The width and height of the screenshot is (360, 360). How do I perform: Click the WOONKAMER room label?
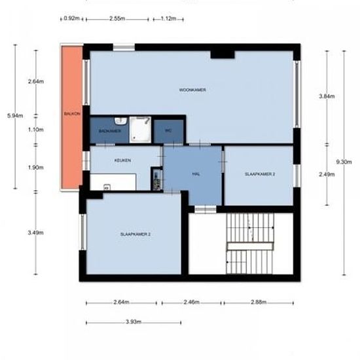click(x=192, y=90)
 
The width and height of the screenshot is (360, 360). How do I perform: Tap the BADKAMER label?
click(x=110, y=131)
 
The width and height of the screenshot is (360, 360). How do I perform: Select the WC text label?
click(x=168, y=130)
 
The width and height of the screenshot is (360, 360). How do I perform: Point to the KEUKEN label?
click(x=122, y=160)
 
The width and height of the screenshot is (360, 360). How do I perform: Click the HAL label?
click(x=196, y=174)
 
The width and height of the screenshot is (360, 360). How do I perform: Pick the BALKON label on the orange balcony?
click(x=72, y=114)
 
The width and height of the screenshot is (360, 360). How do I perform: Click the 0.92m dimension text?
click(x=71, y=18)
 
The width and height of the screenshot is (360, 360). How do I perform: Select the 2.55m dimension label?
click(x=117, y=18)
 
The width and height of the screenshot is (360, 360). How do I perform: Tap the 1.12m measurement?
click(x=168, y=18)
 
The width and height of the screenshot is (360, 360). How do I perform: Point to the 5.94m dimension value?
click(x=15, y=115)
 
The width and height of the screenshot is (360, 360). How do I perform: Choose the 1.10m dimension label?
click(x=36, y=130)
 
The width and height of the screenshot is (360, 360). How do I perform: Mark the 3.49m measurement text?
click(x=36, y=232)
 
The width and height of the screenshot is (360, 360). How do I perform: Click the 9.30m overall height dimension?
click(x=344, y=162)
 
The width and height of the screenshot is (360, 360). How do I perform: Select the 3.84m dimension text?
click(x=327, y=96)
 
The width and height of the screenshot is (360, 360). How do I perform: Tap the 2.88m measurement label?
click(x=259, y=302)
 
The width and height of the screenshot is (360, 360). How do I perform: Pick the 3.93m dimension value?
click(x=134, y=321)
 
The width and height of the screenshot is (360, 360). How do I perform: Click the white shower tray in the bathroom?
click(x=140, y=130)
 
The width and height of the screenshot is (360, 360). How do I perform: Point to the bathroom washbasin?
click(x=120, y=121)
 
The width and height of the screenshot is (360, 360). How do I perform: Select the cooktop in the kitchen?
click(x=157, y=179)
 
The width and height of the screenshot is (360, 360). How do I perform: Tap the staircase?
click(x=250, y=243)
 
